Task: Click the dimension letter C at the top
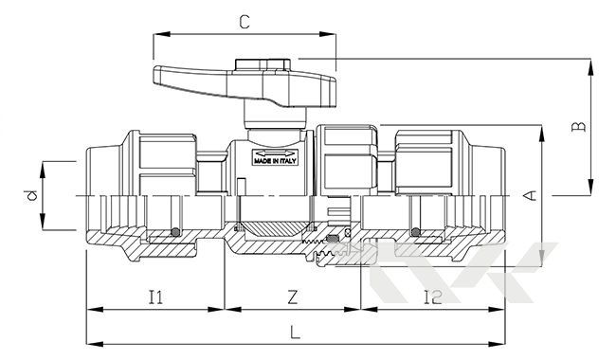pos(245,22)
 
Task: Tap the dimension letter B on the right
pos(578,126)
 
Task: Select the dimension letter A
pos(531,195)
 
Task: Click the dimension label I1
pos(155,297)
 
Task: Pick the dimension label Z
pos(292,297)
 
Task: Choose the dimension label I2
pos(433,297)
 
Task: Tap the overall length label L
pos(295,333)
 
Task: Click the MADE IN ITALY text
pos(275,161)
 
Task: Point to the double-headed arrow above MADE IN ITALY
pos(275,153)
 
